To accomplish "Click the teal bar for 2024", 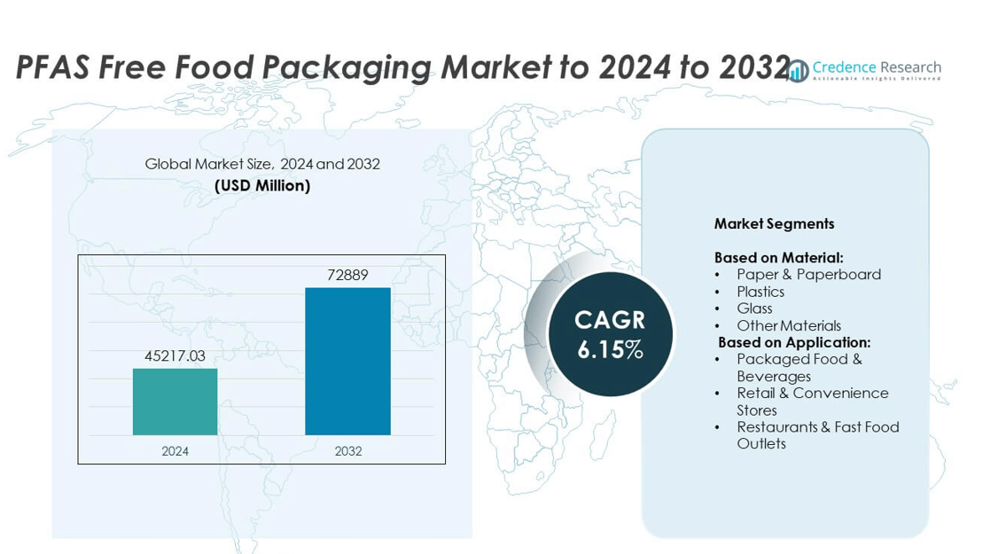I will (175, 402).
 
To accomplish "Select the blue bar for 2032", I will (347, 361).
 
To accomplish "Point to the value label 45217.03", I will (175, 355).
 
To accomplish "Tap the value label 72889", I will (347, 275).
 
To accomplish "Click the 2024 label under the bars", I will (175, 451).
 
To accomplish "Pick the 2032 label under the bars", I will (347, 451).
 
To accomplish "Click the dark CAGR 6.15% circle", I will (610, 334).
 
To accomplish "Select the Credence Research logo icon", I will (799, 70).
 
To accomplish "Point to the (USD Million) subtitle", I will (262, 185).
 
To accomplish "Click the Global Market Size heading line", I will (262, 164).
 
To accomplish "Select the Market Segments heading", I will (774, 224).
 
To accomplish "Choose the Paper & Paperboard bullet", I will (808, 274).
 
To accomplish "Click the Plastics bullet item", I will (760, 292).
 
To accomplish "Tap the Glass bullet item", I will (754, 308).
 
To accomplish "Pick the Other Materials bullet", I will (788, 325).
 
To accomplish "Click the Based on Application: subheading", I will (794, 342).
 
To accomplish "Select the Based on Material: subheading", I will (778, 257).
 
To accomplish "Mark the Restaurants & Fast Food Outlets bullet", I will (817, 435).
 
